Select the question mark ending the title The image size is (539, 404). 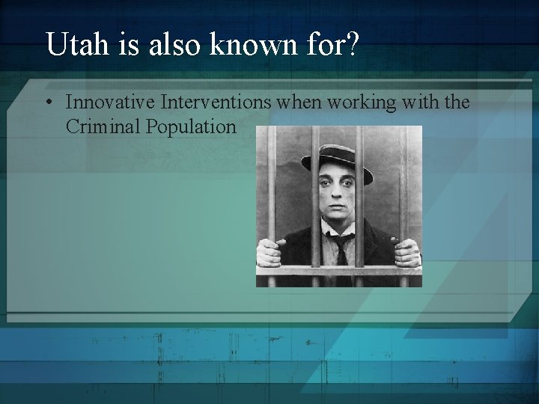point(352,46)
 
